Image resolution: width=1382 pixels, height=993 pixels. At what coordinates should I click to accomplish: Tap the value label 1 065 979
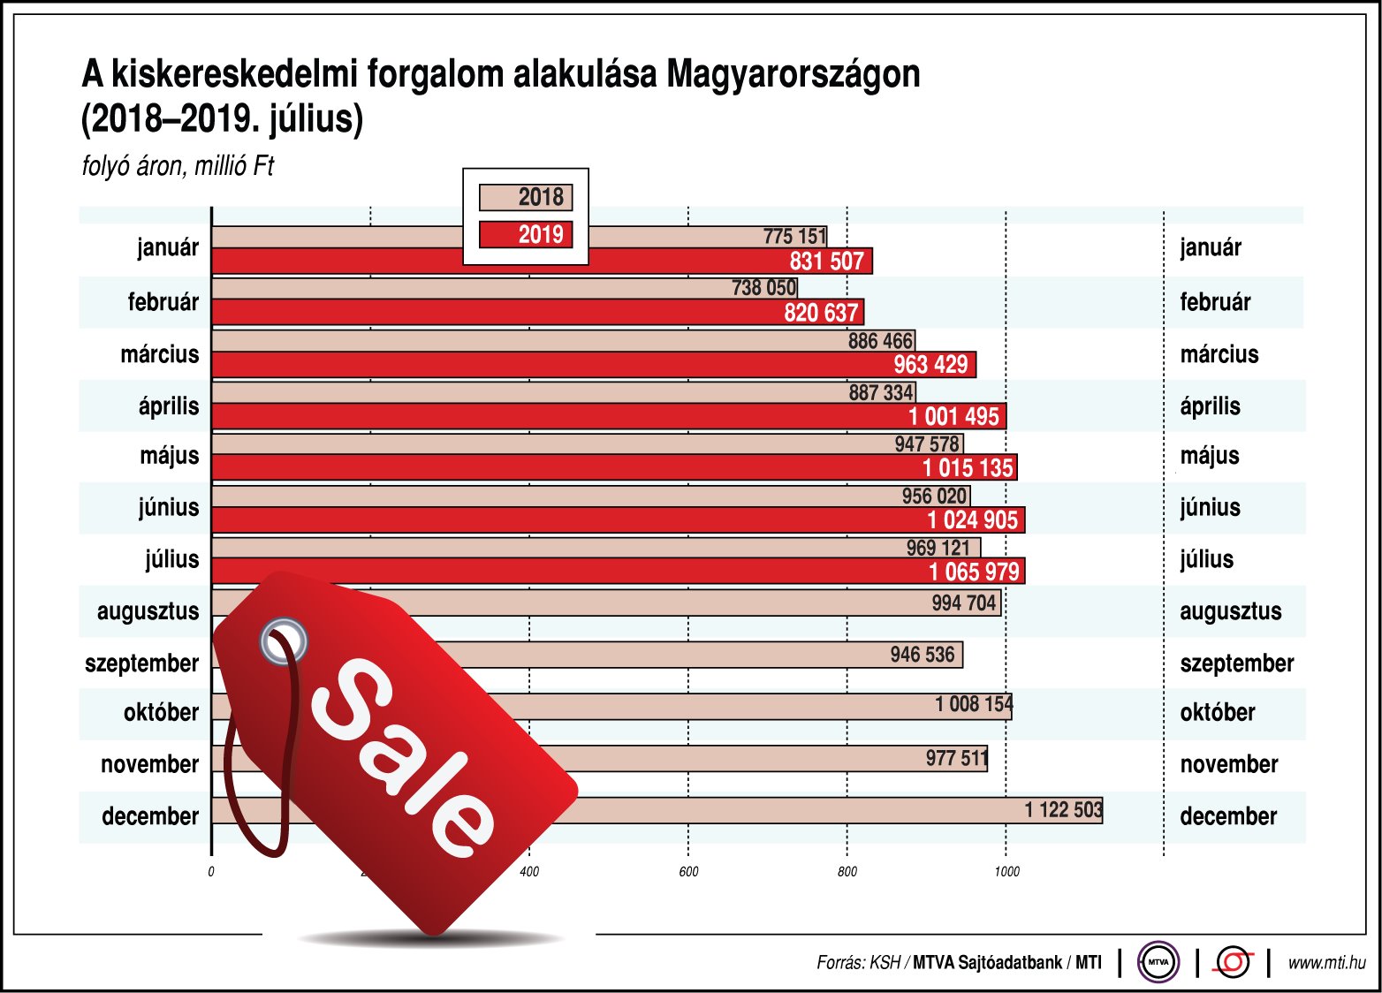click(974, 572)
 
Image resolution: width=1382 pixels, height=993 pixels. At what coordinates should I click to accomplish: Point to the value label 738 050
click(763, 287)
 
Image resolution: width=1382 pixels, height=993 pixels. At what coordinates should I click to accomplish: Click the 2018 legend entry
click(526, 197)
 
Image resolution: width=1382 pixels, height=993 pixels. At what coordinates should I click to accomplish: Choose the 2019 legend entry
click(526, 234)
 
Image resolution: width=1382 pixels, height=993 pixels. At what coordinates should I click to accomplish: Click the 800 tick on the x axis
click(847, 872)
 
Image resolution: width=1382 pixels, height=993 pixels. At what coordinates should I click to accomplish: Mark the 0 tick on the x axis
click(211, 872)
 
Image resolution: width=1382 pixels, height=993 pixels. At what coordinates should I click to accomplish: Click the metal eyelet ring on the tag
click(284, 640)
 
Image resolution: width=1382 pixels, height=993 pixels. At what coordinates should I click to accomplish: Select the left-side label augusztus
click(148, 611)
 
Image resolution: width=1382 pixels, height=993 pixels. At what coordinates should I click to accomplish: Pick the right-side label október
click(1217, 712)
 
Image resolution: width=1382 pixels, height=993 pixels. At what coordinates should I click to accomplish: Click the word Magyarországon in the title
click(793, 74)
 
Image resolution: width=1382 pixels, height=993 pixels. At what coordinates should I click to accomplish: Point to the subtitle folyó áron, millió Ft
click(178, 166)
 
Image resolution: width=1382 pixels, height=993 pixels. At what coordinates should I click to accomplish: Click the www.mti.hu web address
click(1326, 963)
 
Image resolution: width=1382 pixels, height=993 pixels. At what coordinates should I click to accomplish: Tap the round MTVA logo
click(1158, 962)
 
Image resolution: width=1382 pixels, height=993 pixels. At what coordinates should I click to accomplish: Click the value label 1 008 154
click(973, 704)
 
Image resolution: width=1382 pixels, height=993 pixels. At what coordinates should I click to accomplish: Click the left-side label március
click(160, 354)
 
